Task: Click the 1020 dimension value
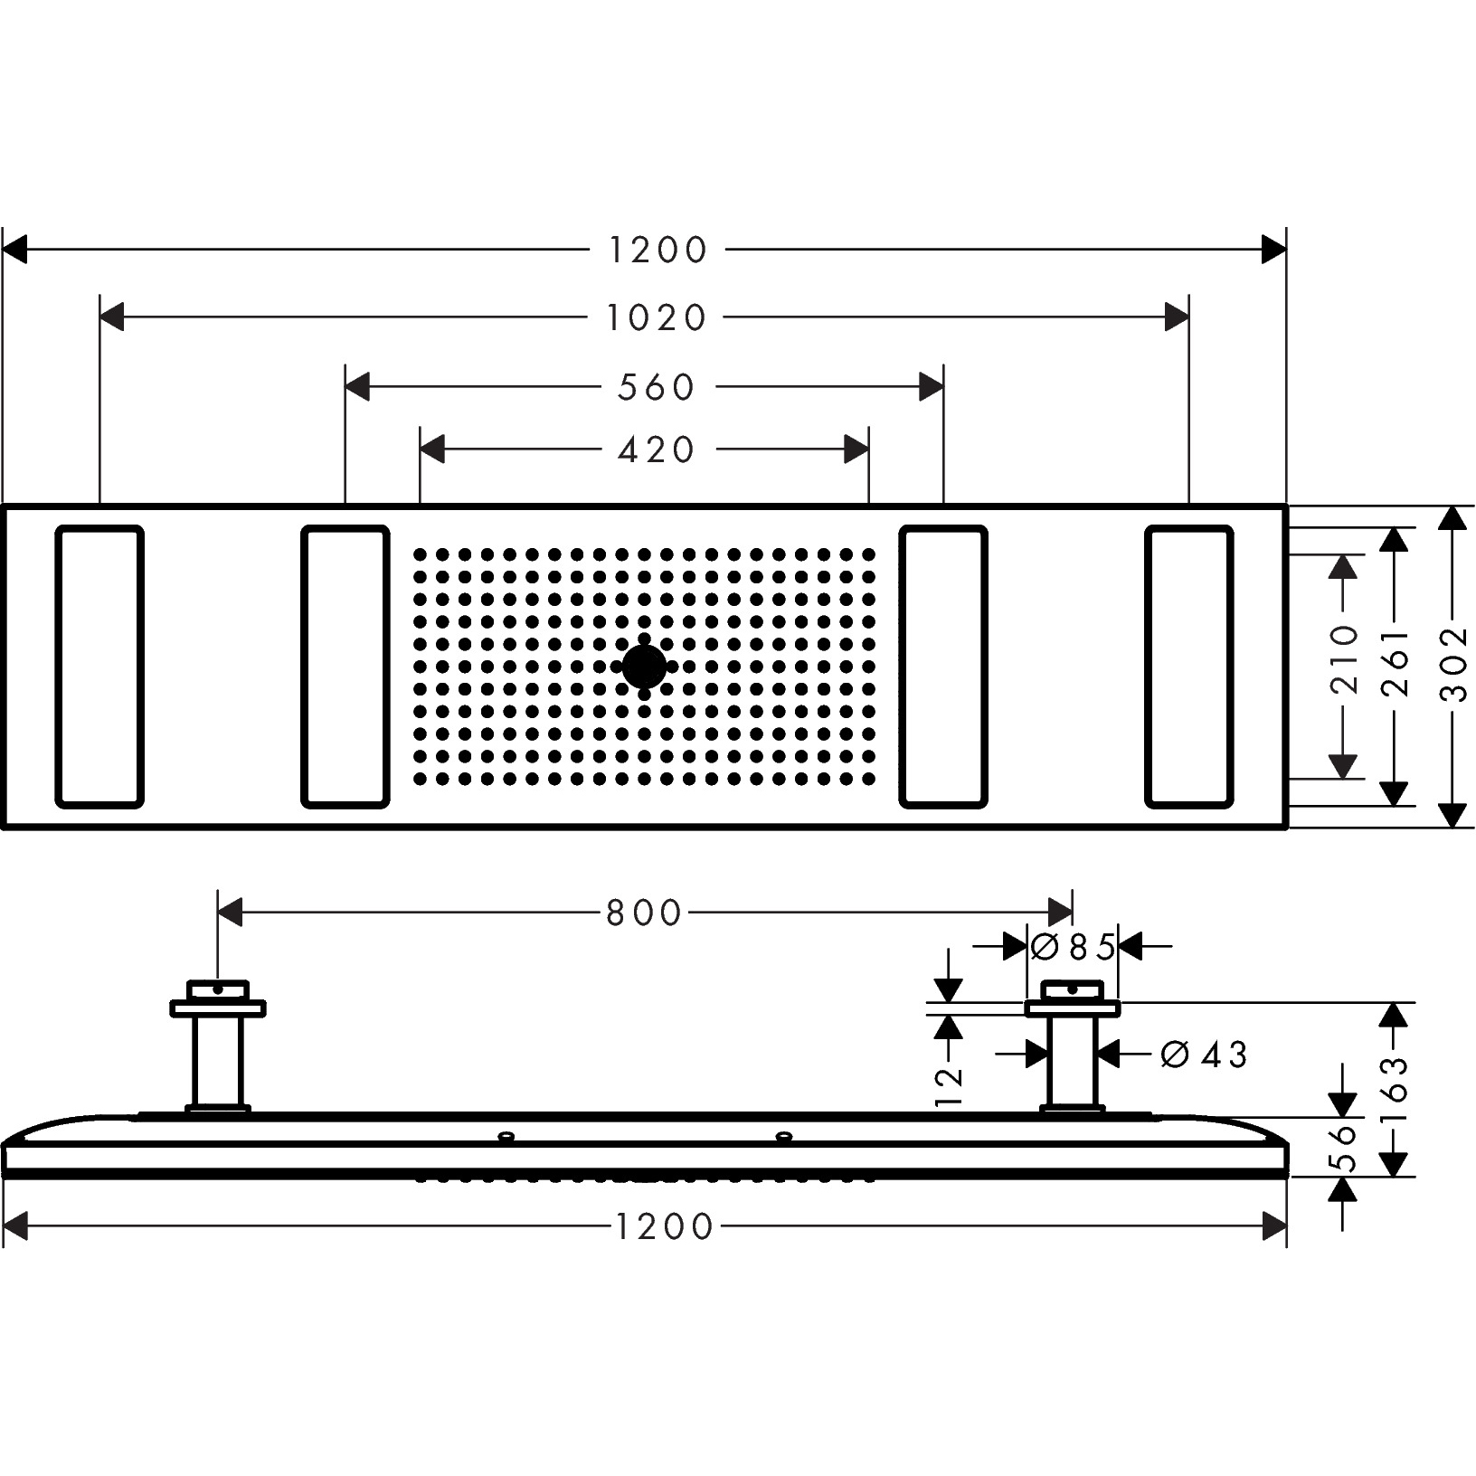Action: point(656,318)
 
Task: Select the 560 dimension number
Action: point(656,388)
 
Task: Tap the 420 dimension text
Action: point(656,449)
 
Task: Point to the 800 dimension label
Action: point(643,913)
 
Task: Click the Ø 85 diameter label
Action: point(1073,948)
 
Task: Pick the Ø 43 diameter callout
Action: point(1204,1055)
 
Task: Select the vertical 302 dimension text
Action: point(1453,664)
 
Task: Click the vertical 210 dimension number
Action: point(1345,659)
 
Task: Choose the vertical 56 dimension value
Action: point(1345,1148)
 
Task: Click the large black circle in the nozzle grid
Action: point(644,667)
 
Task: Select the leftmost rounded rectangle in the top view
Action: point(99,666)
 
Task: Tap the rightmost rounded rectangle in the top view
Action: point(1188,666)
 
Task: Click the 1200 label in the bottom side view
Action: point(665,1227)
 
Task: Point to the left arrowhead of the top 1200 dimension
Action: point(15,250)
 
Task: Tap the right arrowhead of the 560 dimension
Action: point(932,388)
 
